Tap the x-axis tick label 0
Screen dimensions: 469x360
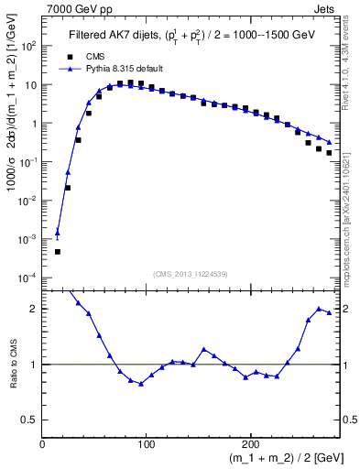43,444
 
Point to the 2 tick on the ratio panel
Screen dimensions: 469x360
35,309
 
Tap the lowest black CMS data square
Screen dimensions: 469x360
58,251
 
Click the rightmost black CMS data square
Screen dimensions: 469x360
329,153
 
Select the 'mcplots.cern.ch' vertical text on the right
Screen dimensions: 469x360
348,238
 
